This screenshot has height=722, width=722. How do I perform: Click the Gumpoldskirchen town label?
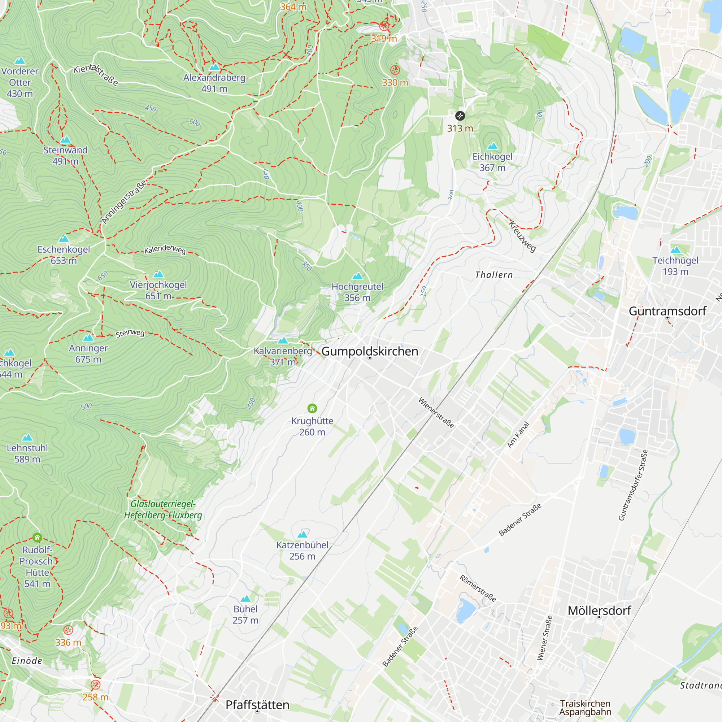[x=370, y=351]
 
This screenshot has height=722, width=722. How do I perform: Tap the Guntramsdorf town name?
[x=667, y=311]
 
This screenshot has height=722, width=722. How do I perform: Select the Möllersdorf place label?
[x=599, y=611]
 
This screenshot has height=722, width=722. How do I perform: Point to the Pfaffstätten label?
[x=257, y=705]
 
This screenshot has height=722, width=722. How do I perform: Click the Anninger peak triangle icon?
[x=88, y=338]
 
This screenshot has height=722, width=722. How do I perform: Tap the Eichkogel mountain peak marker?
[x=492, y=146]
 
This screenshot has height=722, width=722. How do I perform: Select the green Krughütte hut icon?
[x=312, y=408]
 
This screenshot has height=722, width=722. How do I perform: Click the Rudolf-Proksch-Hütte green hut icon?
[x=37, y=538]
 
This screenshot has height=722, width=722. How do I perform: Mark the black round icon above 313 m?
[x=460, y=116]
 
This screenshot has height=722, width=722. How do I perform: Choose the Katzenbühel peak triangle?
[x=302, y=534]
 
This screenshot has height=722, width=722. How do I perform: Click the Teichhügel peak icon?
[x=675, y=250]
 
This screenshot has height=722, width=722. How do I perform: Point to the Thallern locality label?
[x=493, y=275]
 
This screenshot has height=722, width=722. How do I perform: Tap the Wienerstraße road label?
[x=436, y=413]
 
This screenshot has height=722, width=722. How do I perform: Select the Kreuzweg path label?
[x=522, y=236]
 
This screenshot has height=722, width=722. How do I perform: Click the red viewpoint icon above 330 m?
[x=395, y=70]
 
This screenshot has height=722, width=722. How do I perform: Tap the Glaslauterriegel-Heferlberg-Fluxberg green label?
[x=163, y=509]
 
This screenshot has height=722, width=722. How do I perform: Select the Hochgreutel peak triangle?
[x=358, y=276]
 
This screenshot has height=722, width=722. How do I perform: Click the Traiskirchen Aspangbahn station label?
[x=585, y=708]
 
